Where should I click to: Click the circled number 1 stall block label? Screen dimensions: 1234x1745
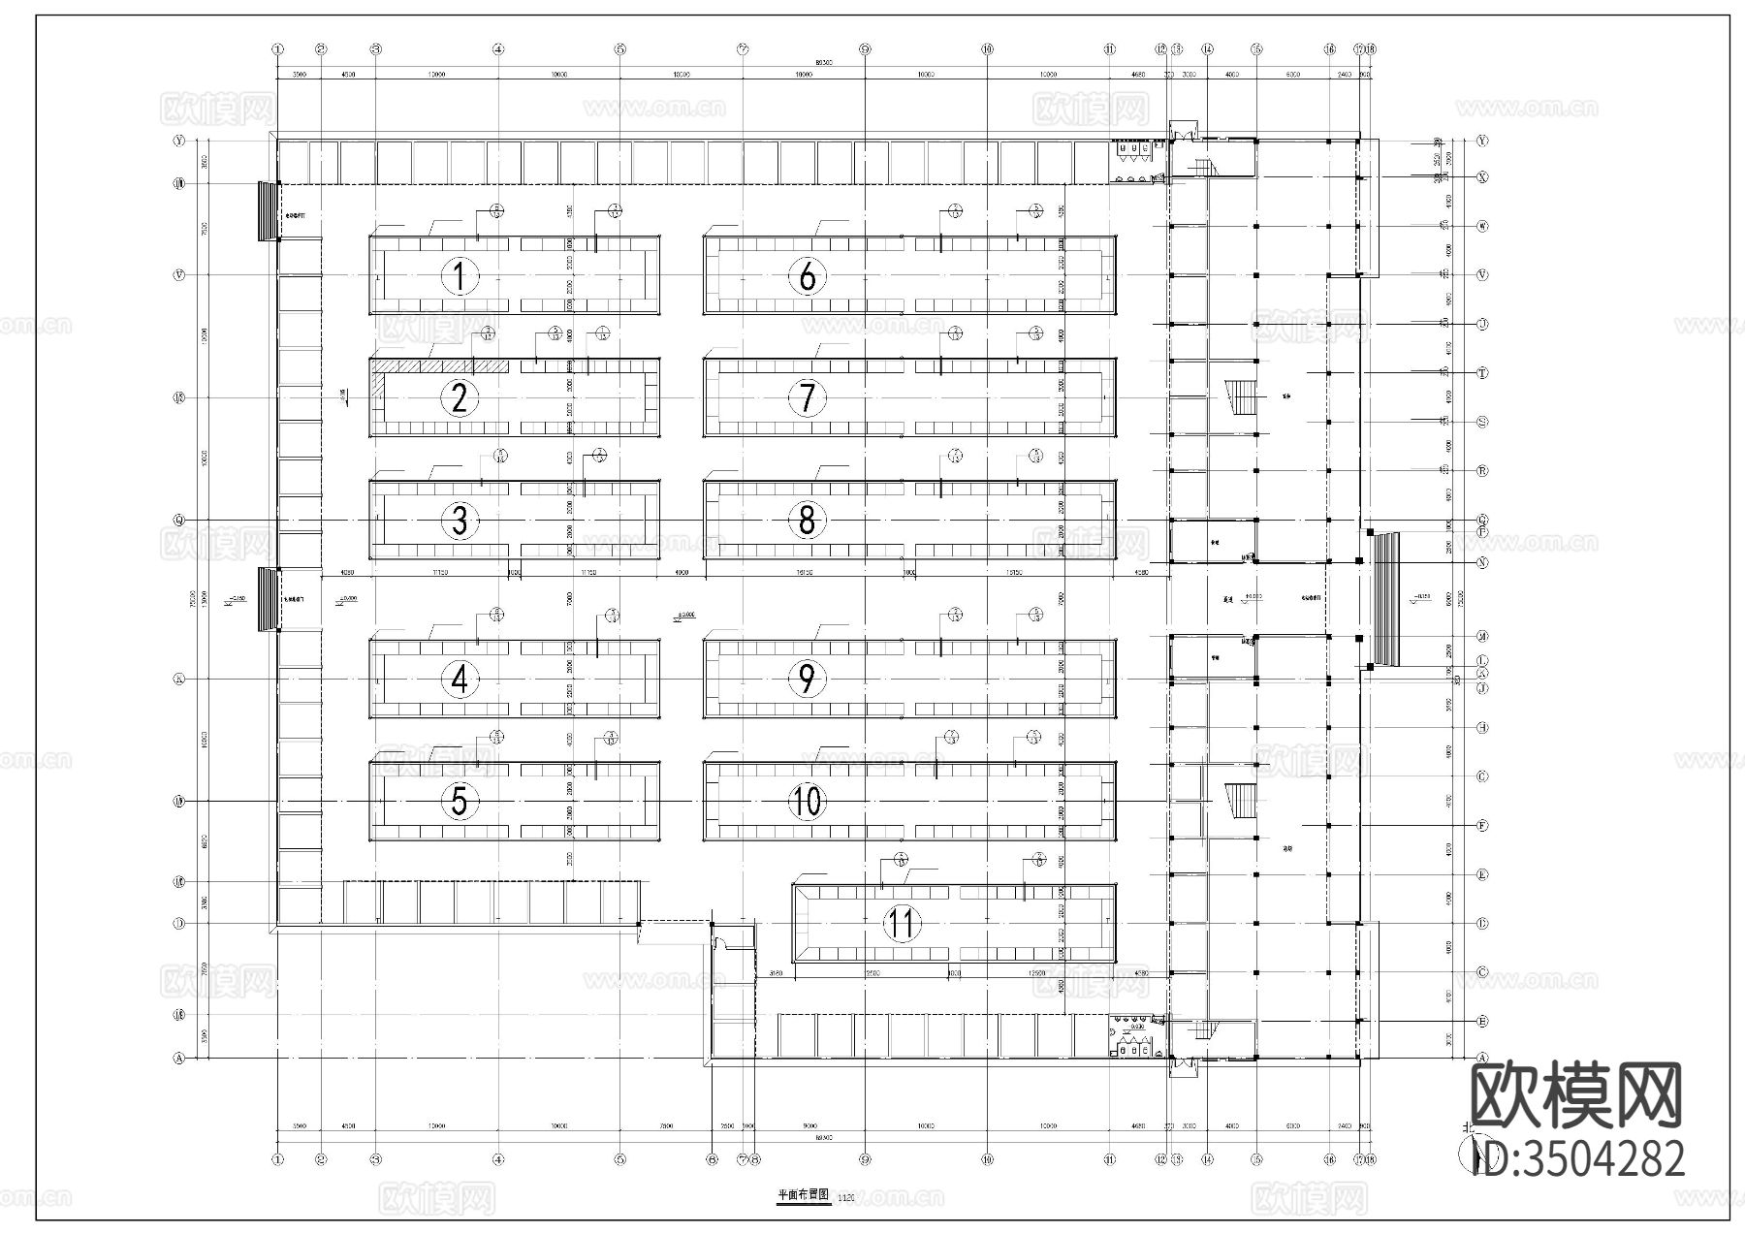click(x=460, y=277)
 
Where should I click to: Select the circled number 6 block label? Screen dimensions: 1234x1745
click(x=808, y=277)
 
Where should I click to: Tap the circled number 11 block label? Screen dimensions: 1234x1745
click(x=902, y=924)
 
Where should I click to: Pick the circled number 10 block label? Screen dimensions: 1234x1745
click(x=808, y=801)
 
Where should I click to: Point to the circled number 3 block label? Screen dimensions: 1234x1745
click(x=460, y=521)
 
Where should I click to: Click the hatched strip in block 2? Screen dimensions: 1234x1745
click(x=442, y=365)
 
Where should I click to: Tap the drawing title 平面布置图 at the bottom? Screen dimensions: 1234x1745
click(x=804, y=1196)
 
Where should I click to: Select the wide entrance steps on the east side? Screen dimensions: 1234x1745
click(x=1385, y=598)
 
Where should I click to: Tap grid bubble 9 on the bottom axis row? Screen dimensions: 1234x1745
click(x=865, y=1159)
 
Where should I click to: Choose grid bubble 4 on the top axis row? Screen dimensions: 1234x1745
click(x=497, y=48)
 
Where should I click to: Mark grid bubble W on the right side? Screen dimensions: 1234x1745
click(x=1482, y=226)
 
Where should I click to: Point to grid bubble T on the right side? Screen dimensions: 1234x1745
click(x=1482, y=373)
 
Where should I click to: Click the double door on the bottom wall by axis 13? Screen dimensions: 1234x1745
click(x=1183, y=1067)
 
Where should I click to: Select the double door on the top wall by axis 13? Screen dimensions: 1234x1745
click(x=1183, y=129)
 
